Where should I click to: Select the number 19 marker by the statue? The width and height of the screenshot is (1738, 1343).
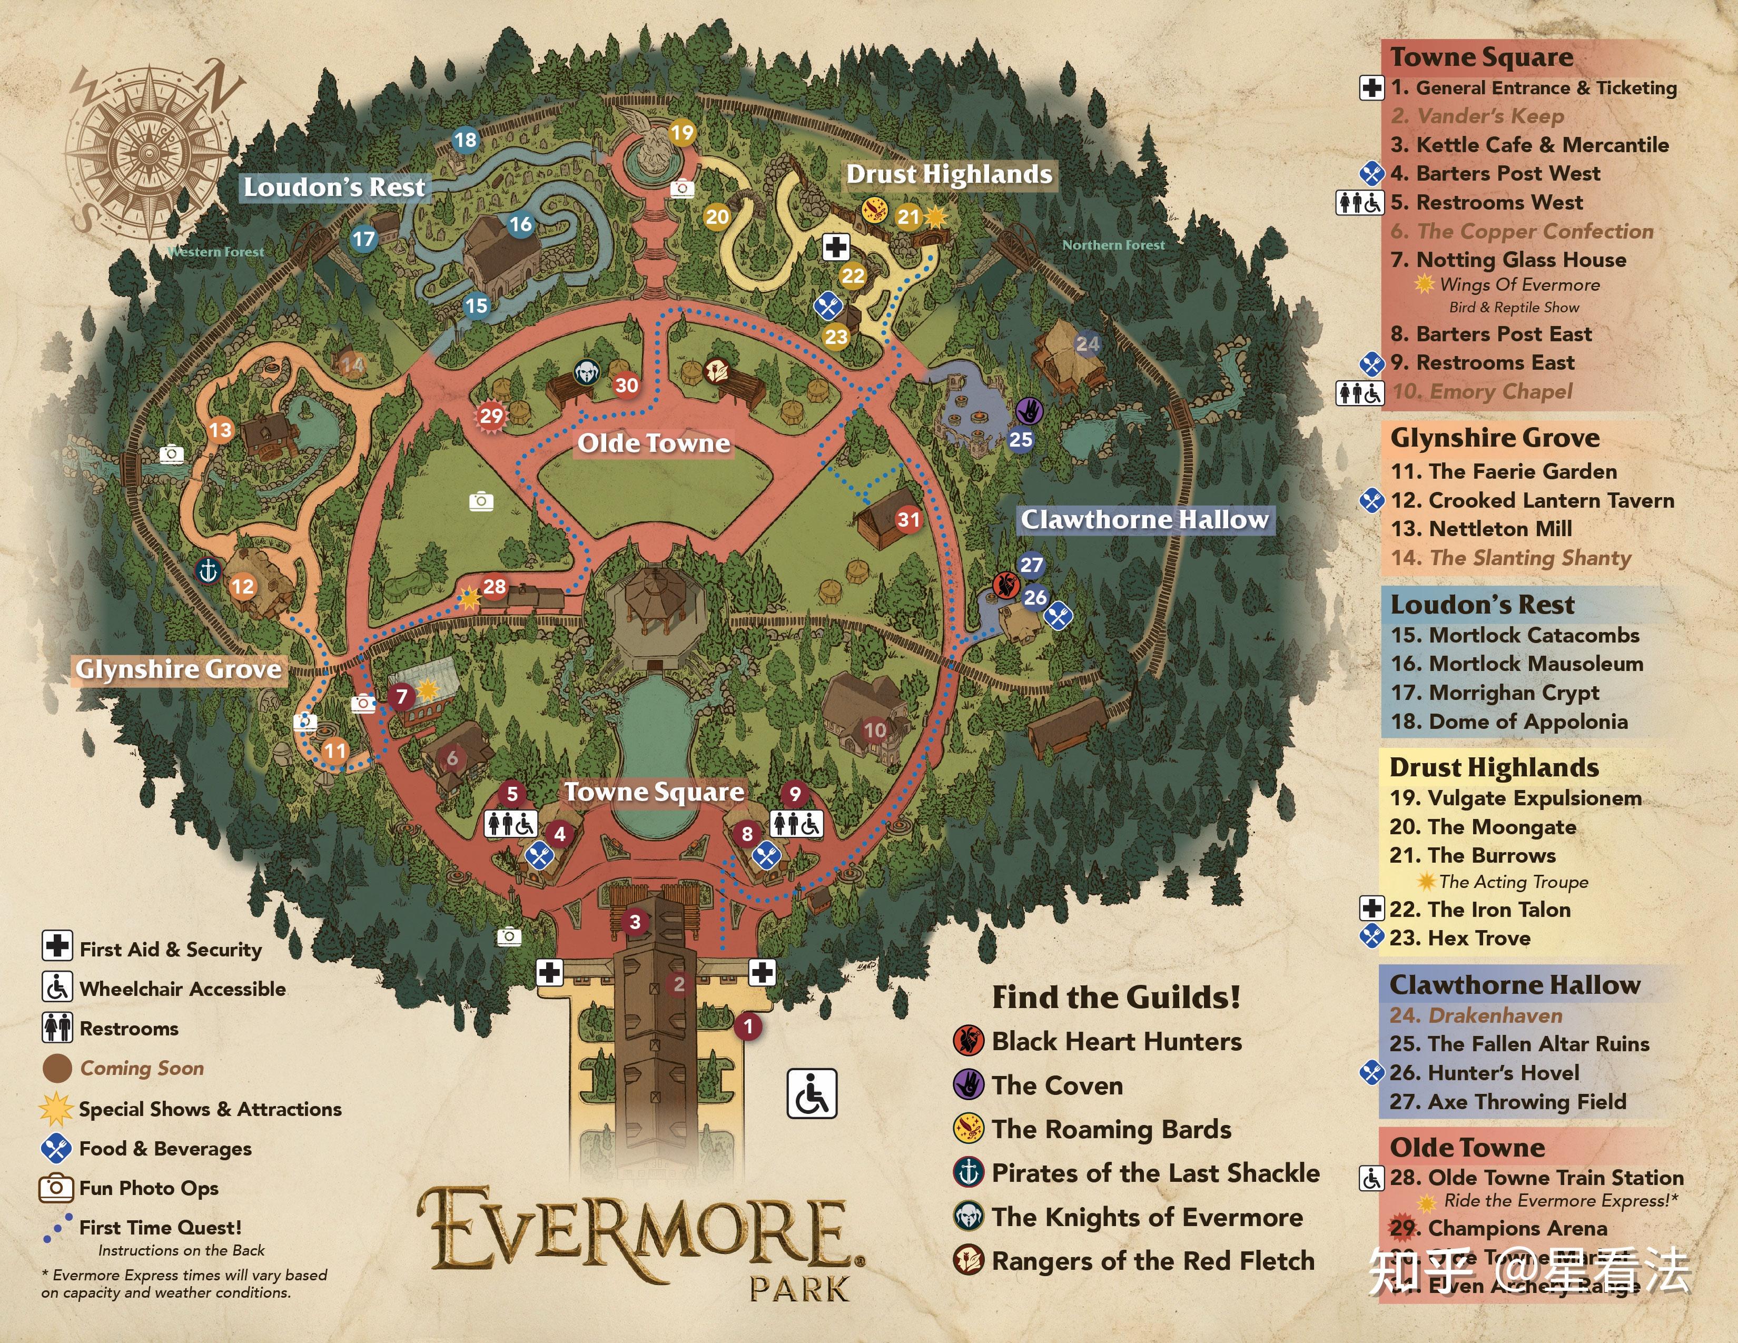pos(682,132)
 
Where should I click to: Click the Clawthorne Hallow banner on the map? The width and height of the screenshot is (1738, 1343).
pos(1144,519)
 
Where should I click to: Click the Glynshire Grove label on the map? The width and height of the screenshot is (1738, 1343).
pos(178,669)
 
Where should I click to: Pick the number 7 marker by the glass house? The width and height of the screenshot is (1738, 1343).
pos(402,697)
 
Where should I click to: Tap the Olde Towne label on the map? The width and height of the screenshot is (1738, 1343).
pos(654,443)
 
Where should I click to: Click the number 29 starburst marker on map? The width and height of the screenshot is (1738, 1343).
pos(491,416)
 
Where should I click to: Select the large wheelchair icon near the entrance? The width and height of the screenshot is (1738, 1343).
pos(812,1094)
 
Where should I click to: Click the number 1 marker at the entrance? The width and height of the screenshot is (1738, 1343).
pos(748,1026)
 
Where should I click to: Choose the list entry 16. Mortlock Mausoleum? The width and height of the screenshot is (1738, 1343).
pos(1516,664)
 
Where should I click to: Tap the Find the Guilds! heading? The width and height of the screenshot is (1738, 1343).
pos(1115,997)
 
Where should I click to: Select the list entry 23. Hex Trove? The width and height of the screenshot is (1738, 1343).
pos(1459,938)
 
